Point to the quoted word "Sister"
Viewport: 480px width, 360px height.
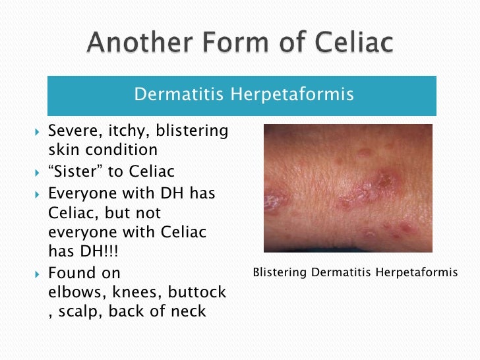(76, 172)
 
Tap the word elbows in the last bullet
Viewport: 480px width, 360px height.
(73, 292)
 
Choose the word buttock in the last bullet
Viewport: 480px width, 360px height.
(196, 292)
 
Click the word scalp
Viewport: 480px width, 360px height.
(80, 311)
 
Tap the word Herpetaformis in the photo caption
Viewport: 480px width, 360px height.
(416, 272)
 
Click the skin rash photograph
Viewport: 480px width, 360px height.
(347, 189)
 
